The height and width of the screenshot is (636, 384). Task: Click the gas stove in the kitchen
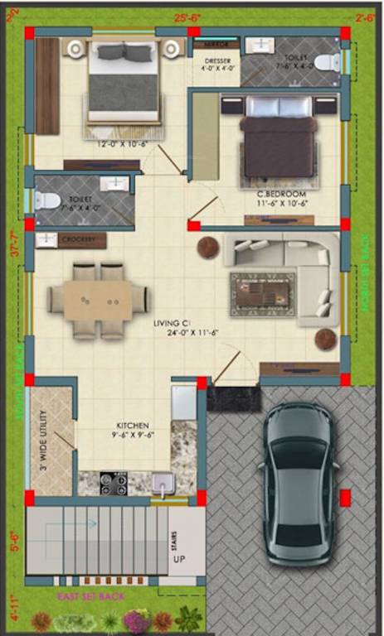coord(114,483)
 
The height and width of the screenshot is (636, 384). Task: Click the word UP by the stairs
coord(177,560)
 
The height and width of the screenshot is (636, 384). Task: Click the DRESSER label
coord(216,61)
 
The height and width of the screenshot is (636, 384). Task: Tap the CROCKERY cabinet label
coord(81,240)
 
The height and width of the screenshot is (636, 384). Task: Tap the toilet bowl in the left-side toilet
coord(48,200)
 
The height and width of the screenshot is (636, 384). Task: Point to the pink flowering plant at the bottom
coord(135,619)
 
